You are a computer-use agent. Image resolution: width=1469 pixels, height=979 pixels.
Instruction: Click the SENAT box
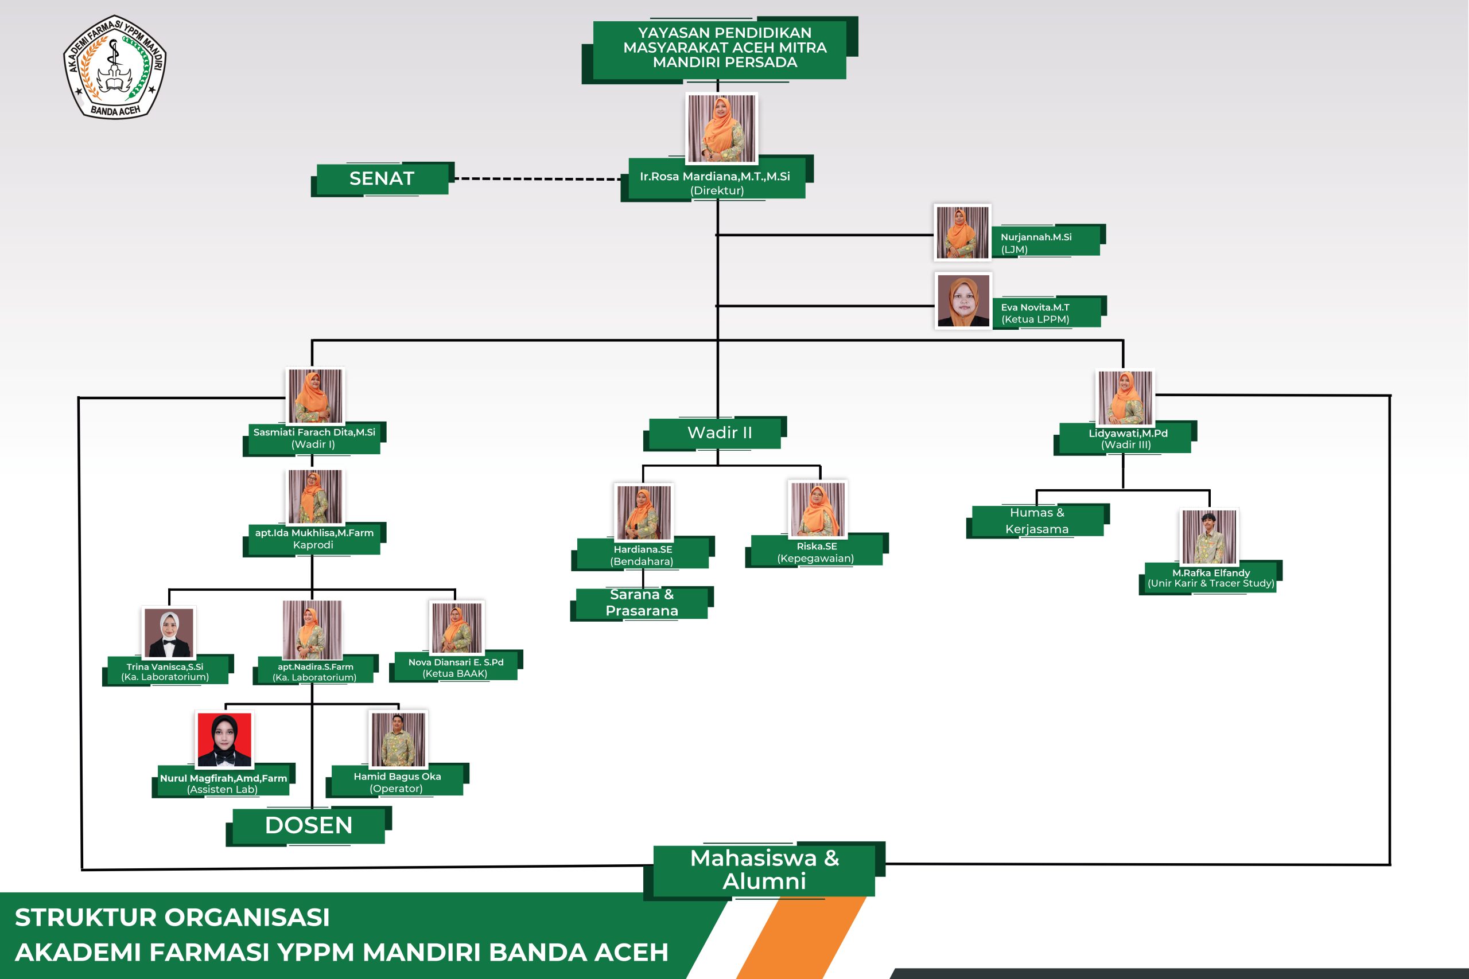coord(382,178)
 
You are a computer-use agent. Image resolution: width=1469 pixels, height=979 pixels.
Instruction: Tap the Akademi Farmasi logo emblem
coord(115,67)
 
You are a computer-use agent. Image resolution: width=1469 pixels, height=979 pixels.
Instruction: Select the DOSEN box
coord(309,825)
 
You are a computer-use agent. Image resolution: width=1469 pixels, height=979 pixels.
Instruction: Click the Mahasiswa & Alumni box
coord(764,869)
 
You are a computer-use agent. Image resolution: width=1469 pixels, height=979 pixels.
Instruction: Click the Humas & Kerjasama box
coord(1037,521)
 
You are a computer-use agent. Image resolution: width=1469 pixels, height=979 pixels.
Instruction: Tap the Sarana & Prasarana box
coord(642,603)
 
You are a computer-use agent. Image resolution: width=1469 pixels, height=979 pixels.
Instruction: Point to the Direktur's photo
coord(721,128)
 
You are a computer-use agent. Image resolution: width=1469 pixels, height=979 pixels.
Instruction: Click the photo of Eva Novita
coord(963,301)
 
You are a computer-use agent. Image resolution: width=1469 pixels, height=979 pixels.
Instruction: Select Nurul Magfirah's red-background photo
coord(224,739)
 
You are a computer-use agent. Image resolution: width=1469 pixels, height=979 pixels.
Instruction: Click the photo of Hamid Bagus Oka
coord(398,739)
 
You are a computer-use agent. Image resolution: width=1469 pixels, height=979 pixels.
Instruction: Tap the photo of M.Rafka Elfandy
coord(1209,537)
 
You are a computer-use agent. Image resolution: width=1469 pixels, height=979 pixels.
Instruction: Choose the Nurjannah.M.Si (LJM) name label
coord(1045,242)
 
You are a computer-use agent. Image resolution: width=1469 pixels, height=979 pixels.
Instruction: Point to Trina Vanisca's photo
coord(169,633)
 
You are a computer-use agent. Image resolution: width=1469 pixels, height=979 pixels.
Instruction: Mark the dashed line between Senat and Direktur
coord(537,178)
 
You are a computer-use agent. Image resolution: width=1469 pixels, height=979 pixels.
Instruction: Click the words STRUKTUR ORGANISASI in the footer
coord(172,917)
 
